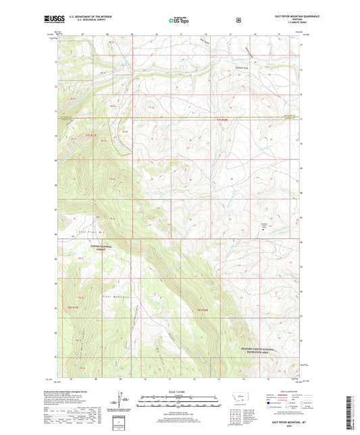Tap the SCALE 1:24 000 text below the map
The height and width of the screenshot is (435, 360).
click(x=180, y=392)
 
